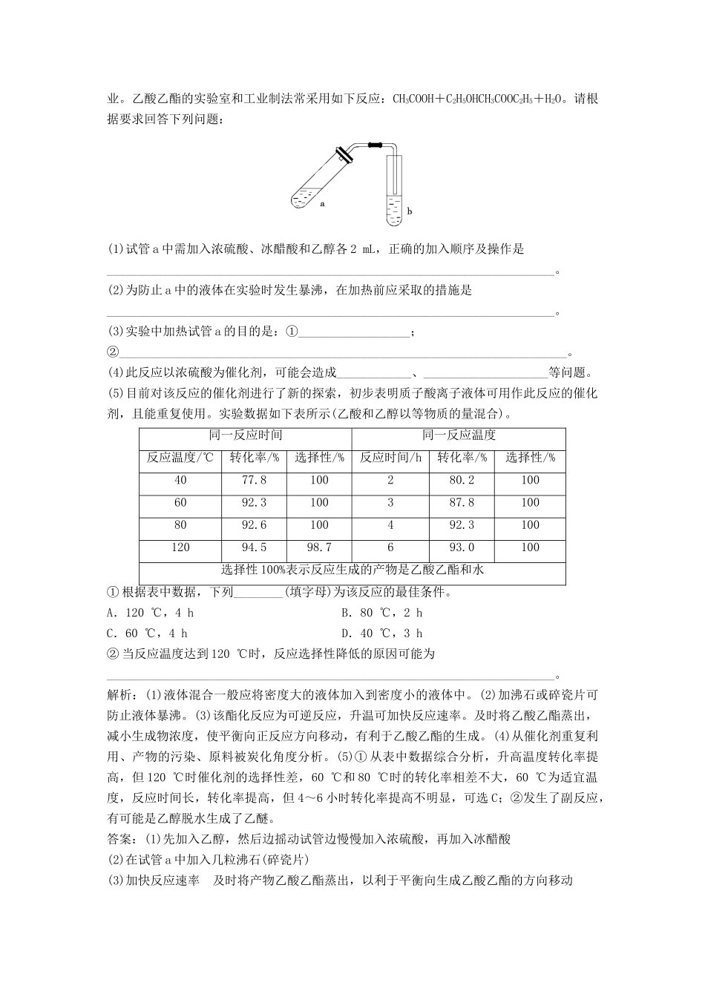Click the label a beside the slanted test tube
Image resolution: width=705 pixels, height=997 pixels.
click(323, 202)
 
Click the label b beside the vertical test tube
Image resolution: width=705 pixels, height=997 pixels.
click(409, 211)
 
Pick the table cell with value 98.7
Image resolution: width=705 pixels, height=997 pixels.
click(319, 547)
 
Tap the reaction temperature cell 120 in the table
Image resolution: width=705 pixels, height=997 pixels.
click(180, 547)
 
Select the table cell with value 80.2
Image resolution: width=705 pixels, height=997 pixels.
click(462, 481)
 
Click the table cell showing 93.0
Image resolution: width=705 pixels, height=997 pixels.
click(462, 547)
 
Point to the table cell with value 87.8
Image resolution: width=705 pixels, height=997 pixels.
click(462, 503)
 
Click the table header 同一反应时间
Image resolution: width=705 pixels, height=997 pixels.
click(246, 436)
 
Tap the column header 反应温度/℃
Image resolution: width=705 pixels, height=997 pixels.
click(180, 458)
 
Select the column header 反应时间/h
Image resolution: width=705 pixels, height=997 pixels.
click(390, 458)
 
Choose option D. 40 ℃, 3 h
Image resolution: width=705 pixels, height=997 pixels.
click(381, 633)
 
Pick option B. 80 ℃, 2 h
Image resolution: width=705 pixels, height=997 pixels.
click(381, 613)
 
